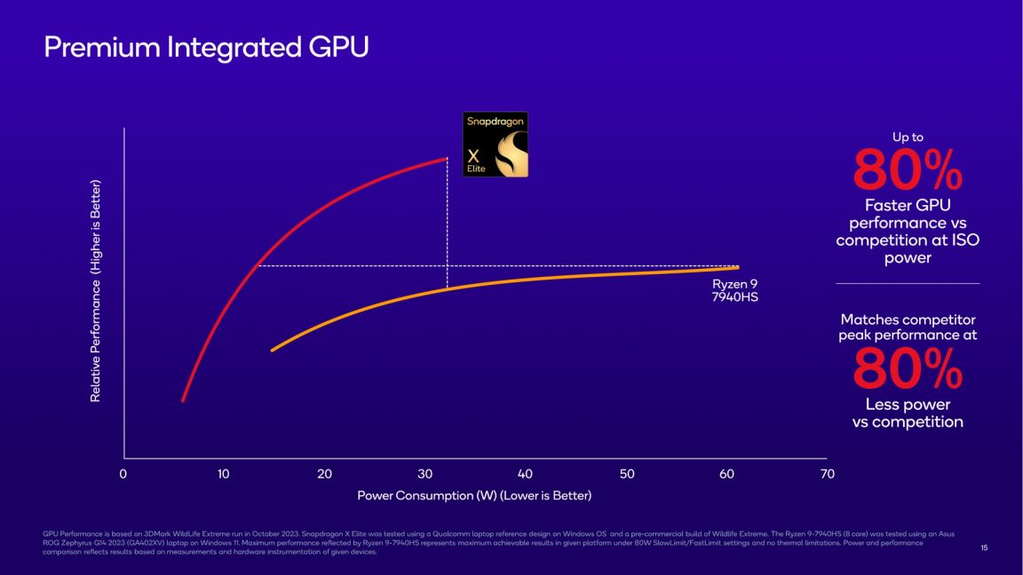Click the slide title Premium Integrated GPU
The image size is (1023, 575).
coord(206,48)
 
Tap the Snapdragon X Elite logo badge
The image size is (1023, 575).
coord(496,144)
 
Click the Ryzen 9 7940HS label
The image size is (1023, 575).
coord(735,290)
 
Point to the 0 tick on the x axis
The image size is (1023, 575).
coord(123,475)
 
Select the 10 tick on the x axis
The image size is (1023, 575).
coord(224,475)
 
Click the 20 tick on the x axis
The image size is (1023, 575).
coord(324,475)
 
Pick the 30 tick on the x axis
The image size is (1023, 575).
coord(424,475)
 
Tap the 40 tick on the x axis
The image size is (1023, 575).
coord(526,475)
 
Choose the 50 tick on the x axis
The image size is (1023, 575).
coord(626,475)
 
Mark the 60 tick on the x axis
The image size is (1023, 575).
coord(726,475)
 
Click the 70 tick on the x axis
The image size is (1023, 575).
coord(828,475)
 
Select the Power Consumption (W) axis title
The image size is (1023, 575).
coord(474,495)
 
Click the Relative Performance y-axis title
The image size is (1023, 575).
coord(96,291)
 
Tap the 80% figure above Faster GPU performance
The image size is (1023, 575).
coord(908,171)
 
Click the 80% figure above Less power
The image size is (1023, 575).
coord(908,369)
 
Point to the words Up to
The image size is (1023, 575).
coord(908,138)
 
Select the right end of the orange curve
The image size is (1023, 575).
coord(737,267)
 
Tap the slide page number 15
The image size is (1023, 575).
coord(984,548)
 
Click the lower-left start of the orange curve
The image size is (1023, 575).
coord(272,351)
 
